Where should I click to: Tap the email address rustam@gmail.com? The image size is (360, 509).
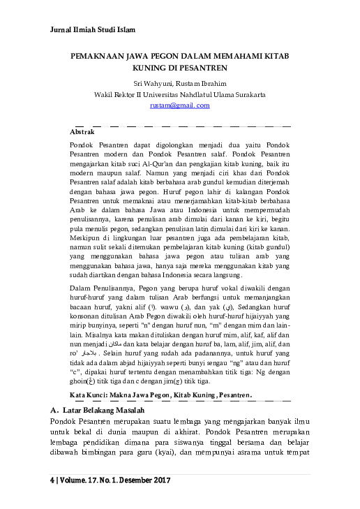coord(179,105)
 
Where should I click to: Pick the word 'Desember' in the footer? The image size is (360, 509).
coord(131,481)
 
